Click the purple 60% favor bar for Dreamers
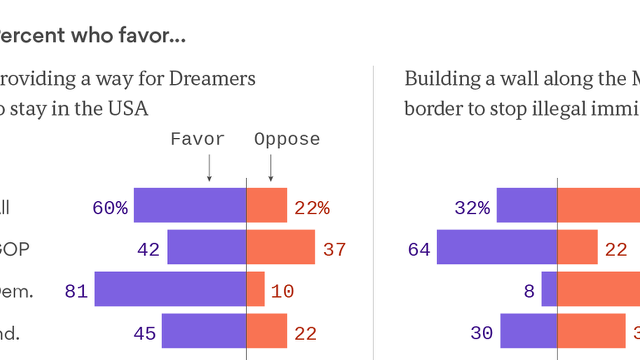(x=190, y=205)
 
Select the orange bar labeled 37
(x=281, y=247)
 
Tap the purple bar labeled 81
(x=170, y=289)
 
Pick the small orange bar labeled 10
(x=256, y=289)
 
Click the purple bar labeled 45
(x=204, y=331)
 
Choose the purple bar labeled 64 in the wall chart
(x=497, y=247)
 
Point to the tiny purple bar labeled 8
(x=549, y=289)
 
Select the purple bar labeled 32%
(x=527, y=205)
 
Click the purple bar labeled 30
(x=529, y=331)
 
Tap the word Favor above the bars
(x=198, y=139)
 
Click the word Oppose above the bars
(x=287, y=139)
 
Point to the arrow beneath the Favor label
(x=209, y=168)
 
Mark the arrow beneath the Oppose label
(x=271, y=168)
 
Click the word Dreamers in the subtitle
(x=212, y=79)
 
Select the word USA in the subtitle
(x=128, y=109)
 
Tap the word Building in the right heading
(x=443, y=79)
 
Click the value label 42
(x=148, y=250)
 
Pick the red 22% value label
(x=312, y=208)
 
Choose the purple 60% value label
(x=110, y=208)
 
